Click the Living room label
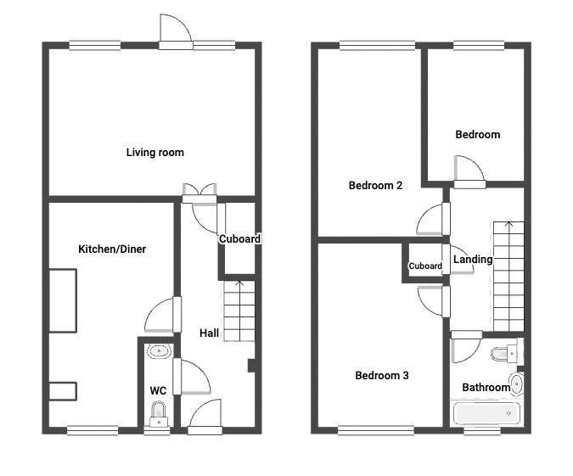(155, 153)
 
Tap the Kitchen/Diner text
(112, 249)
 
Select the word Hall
(210, 333)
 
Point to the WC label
(158, 390)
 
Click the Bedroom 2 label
(376, 186)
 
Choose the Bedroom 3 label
(382, 376)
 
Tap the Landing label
(473, 260)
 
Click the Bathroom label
(486, 387)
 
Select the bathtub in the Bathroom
(486, 413)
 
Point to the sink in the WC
(159, 351)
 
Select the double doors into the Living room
(199, 193)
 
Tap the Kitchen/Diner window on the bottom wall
(93, 431)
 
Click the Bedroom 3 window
(376, 431)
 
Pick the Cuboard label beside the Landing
(425, 266)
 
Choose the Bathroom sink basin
(516, 384)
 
